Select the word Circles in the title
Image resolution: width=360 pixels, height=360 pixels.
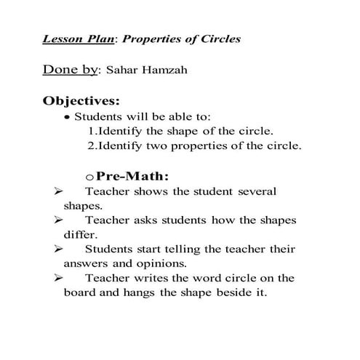point(220,39)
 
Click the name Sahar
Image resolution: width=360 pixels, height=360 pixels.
point(123,71)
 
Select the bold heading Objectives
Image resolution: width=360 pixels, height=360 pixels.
point(81,100)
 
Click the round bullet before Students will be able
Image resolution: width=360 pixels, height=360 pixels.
point(67,118)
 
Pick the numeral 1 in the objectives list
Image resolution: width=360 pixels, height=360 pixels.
point(90,132)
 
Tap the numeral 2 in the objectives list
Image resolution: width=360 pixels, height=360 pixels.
point(90,146)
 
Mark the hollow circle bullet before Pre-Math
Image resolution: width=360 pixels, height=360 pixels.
point(89,177)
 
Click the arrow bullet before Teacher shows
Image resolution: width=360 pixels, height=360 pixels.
point(60,191)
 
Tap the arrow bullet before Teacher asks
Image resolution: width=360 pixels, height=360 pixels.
point(60,220)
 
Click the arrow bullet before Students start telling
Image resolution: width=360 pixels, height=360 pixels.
point(60,249)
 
